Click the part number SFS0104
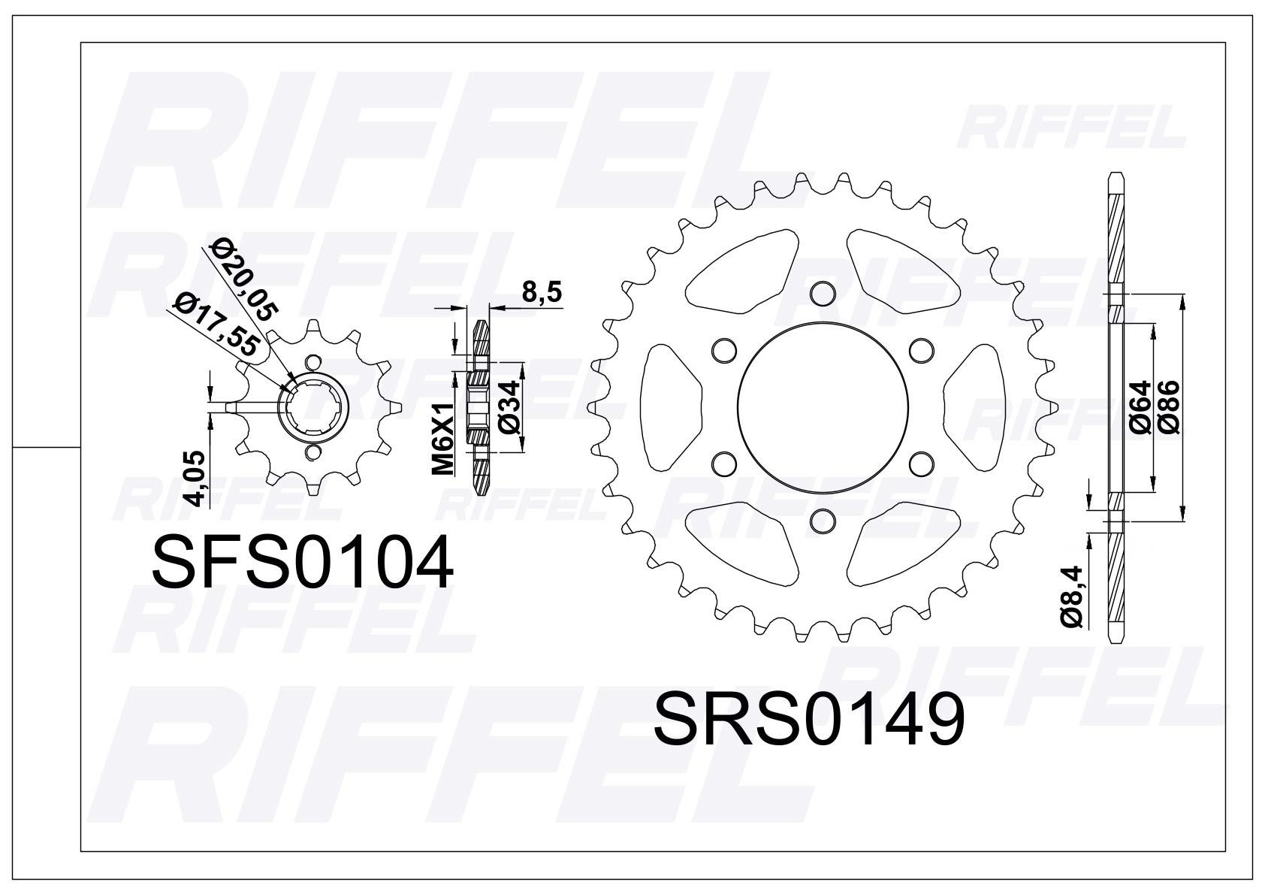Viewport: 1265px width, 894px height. [303, 563]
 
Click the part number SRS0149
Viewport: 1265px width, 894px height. [809, 720]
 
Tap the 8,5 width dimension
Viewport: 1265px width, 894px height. [542, 293]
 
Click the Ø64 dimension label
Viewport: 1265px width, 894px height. [1140, 406]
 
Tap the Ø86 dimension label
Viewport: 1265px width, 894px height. [1169, 406]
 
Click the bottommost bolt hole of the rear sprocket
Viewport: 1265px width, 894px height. [824, 521]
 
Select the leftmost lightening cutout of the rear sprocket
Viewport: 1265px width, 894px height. [671, 406]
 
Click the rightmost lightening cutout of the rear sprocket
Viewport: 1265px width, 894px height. [976, 406]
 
